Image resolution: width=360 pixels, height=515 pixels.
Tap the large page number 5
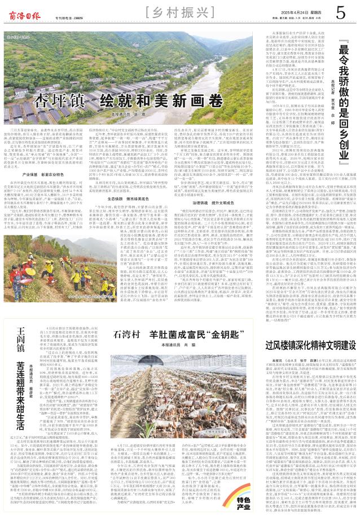point(341,12)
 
